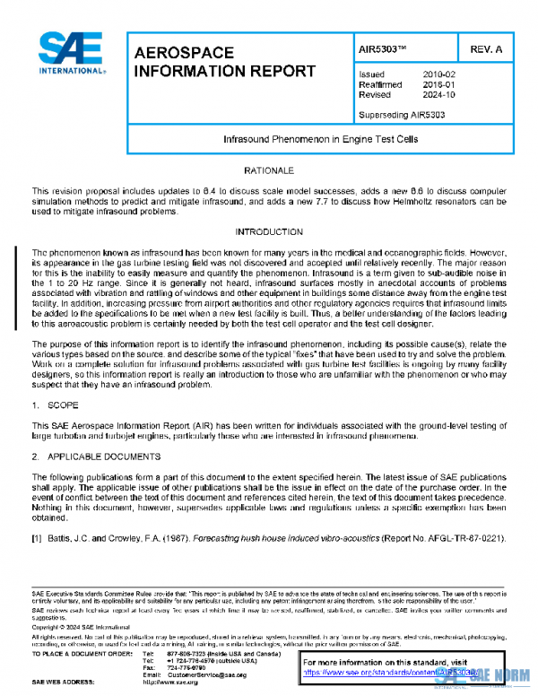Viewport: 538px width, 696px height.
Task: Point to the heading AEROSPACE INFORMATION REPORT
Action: coord(224,62)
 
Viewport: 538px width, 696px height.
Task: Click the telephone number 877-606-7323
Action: coord(185,654)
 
